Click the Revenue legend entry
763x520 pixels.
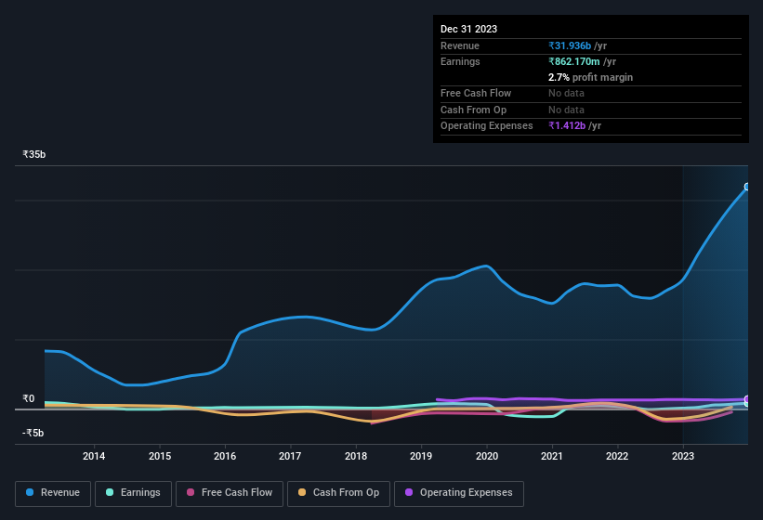click(52, 493)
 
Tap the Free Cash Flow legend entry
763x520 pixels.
click(229, 493)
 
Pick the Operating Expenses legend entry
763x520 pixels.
click(458, 493)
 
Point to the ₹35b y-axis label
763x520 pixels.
click(34, 154)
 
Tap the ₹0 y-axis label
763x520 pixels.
click(29, 399)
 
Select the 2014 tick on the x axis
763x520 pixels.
click(93, 456)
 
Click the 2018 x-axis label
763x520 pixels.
click(355, 456)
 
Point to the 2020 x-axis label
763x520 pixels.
click(486, 456)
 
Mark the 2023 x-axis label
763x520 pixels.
click(682, 456)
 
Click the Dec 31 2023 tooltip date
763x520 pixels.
click(468, 29)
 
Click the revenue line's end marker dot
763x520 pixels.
click(747, 187)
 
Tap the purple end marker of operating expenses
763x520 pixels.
click(747, 400)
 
